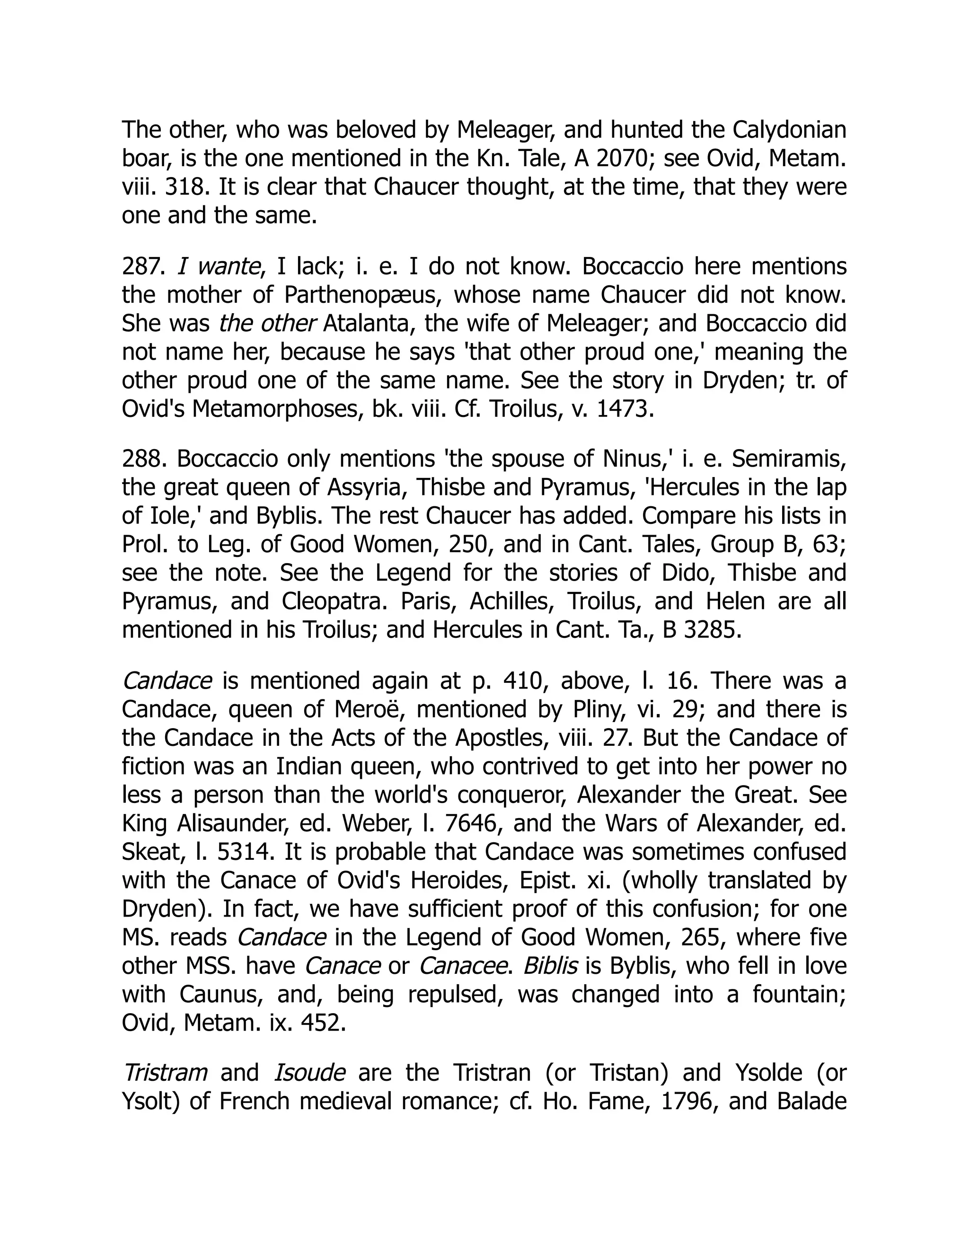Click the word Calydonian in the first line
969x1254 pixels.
point(789,130)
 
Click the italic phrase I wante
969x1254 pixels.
point(218,266)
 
